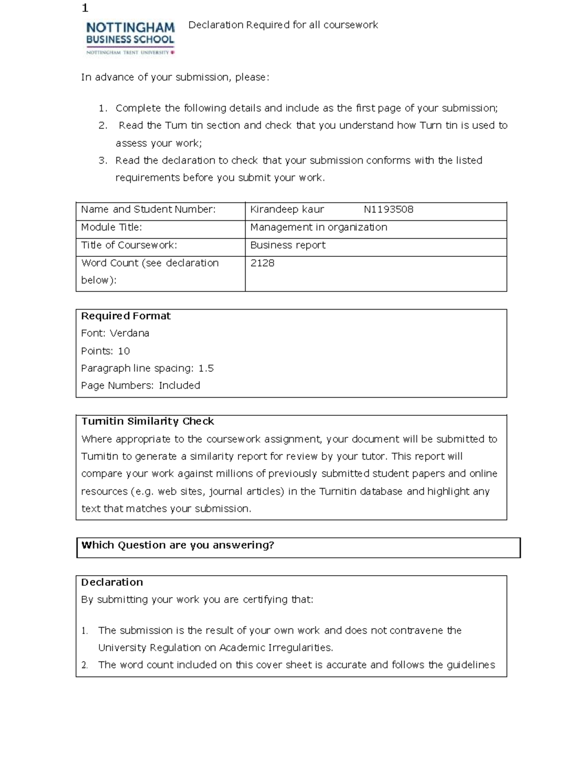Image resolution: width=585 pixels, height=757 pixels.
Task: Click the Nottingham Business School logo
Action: click(x=130, y=38)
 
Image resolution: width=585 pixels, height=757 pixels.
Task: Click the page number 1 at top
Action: click(x=85, y=8)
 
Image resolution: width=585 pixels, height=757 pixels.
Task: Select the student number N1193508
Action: click(x=388, y=210)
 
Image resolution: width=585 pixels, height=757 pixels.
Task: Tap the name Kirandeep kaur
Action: click(x=287, y=210)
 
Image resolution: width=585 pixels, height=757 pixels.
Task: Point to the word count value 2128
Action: click(x=262, y=263)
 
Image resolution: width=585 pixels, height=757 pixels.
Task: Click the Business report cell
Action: click(x=288, y=245)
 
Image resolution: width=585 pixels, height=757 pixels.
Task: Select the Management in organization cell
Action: click(x=318, y=227)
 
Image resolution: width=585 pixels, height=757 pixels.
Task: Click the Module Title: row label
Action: click(x=111, y=227)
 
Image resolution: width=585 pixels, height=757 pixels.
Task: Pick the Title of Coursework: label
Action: click(x=129, y=245)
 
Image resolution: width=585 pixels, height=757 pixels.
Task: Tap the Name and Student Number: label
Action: click(x=148, y=210)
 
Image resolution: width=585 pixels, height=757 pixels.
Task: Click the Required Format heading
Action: click(x=126, y=316)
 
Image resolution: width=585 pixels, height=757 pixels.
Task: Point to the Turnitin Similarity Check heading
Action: click(x=147, y=421)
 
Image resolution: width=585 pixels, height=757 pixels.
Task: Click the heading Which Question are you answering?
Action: click(x=177, y=545)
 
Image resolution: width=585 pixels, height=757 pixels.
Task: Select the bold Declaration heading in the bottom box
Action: click(x=112, y=582)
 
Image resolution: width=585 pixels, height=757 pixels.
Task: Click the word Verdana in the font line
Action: click(x=129, y=333)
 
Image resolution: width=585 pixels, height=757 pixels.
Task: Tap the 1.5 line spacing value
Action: click(x=206, y=369)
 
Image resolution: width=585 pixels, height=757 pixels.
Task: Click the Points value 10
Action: click(x=124, y=351)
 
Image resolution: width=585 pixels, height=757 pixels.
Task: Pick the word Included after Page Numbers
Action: click(x=179, y=386)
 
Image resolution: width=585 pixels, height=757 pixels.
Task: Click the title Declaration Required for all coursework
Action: click(x=283, y=25)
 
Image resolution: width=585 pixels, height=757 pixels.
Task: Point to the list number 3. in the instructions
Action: click(x=102, y=160)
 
